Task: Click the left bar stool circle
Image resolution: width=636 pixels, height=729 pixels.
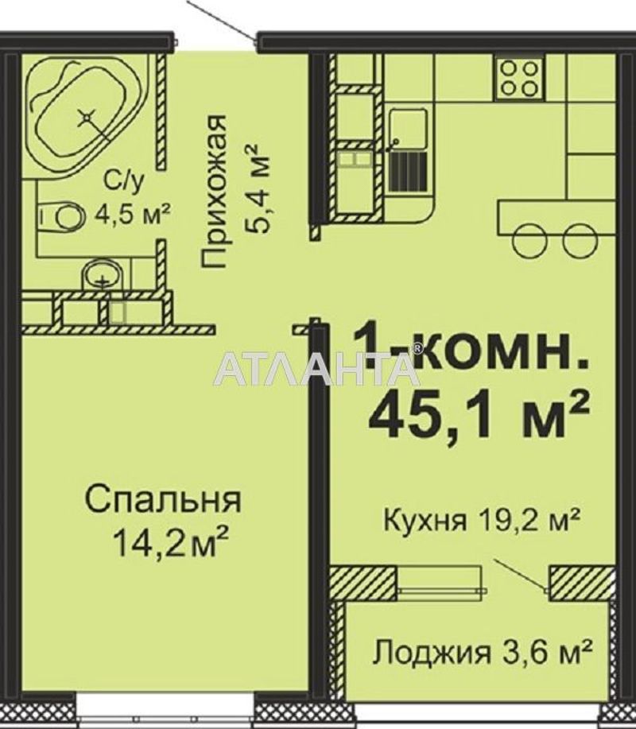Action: tap(530, 241)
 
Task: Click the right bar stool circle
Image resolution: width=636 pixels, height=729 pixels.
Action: tap(580, 241)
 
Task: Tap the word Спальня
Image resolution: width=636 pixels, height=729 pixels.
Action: tap(163, 500)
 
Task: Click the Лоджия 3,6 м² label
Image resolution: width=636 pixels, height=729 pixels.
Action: tap(483, 653)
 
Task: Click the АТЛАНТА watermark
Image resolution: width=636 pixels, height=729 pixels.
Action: tap(317, 369)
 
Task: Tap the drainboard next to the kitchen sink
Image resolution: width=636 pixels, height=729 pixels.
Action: tap(408, 171)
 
